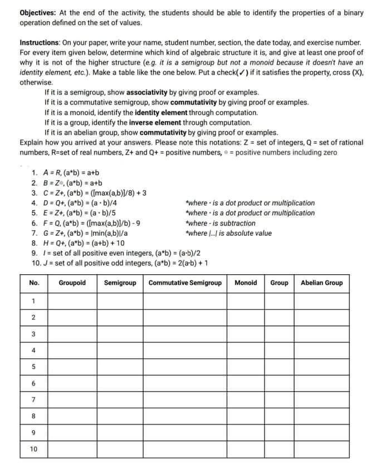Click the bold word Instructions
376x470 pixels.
pos(41,42)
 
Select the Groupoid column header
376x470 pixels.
pos(72,283)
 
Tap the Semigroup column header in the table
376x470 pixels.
pos(120,283)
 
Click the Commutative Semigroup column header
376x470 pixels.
pos(185,283)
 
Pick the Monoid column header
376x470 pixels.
pos(246,283)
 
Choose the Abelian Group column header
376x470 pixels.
pos(321,283)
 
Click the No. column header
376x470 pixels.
pos(34,283)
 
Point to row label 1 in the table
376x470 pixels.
pos(34,301)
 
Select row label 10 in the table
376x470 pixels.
pos(34,448)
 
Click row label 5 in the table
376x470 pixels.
pos(34,367)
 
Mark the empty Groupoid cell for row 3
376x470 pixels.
pos(72,334)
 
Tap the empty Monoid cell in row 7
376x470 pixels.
pos(246,399)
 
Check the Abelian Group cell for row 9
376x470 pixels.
pos(321,432)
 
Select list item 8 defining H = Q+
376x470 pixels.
pos(78,243)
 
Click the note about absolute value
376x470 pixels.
pos(228,233)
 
